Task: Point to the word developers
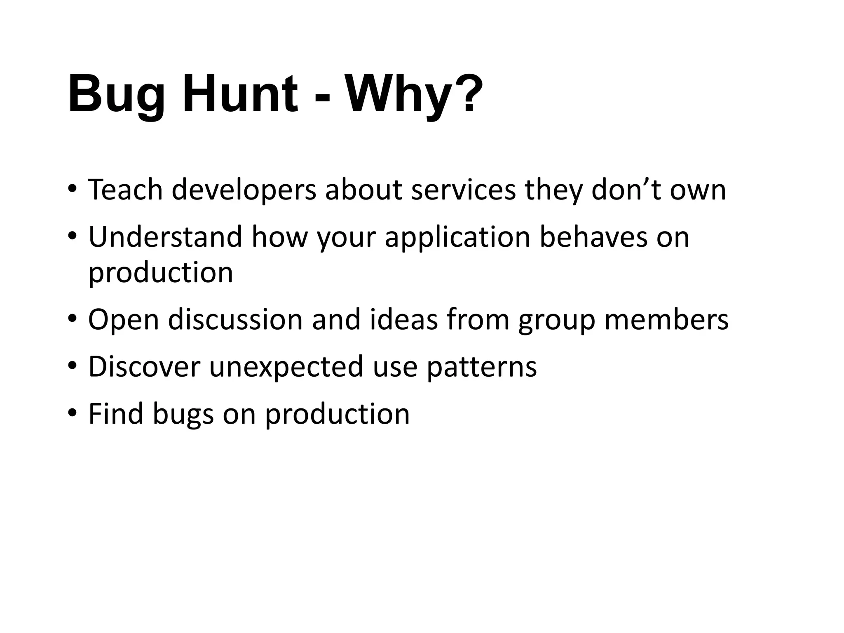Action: click(x=244, y=190)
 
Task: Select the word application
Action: click(x=457, y=238)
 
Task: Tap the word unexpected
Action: click(x=286, y=367)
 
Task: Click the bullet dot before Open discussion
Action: click(x=72, y=319)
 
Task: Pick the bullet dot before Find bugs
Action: click(x=72, y=413)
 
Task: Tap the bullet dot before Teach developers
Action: click(x=72, y=189)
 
